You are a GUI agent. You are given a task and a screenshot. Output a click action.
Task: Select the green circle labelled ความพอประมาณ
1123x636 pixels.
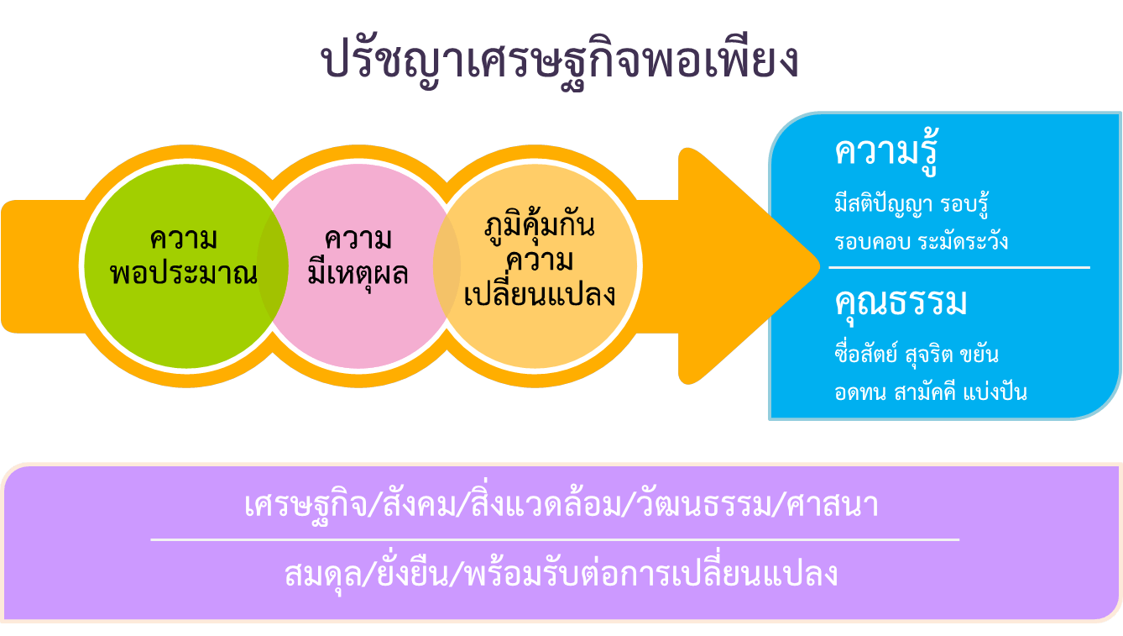click(x=185, y=266)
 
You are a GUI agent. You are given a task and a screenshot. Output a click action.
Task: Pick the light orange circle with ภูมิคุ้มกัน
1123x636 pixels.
click(x=535, y=266)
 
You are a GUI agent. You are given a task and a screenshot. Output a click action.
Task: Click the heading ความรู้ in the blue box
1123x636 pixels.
click(x=886, y=152)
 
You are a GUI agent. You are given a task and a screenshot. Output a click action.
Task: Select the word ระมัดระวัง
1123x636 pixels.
click(x=963, y=241)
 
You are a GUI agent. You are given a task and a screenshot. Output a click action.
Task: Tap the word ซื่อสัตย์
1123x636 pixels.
click(x=866, y=354)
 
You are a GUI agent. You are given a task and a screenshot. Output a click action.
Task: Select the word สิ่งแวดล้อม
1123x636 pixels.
click(x=546, y=502)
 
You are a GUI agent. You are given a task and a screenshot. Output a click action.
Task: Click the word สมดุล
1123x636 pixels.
click(x=323, y=576)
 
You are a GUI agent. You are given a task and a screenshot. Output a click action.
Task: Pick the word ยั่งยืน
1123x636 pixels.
click(x=412, y=572)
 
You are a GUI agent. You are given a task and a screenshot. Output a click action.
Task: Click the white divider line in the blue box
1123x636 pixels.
click(x=959, y=267)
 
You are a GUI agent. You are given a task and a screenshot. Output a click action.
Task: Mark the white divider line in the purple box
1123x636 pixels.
click(x=555, y=539)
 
